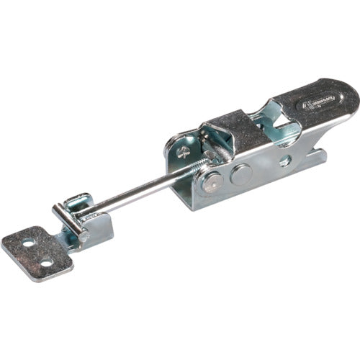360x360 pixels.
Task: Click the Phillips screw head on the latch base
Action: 184,152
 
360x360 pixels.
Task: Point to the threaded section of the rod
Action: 196,164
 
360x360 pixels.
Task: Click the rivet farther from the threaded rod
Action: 240,174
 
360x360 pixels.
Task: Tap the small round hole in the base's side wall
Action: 286,160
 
